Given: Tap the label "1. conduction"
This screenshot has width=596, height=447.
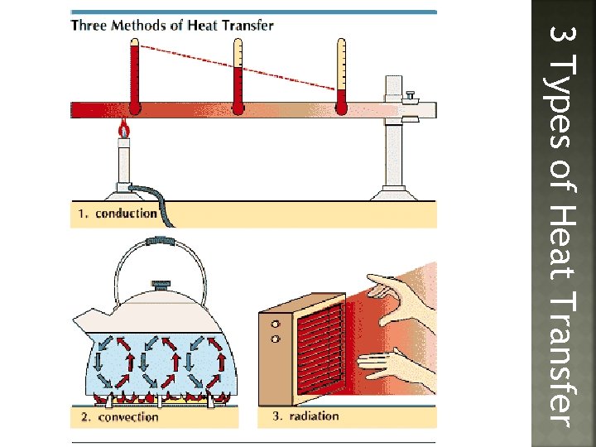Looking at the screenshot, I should [x=118, y=214].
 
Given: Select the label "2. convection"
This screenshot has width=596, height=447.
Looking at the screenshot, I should [x=119, y=417].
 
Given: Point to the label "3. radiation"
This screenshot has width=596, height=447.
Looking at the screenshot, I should [x=305, y=416].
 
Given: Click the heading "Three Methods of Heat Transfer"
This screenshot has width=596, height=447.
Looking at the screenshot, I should [x=172, y=25].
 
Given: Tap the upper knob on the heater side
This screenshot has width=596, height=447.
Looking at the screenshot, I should [x=274, y=324].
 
